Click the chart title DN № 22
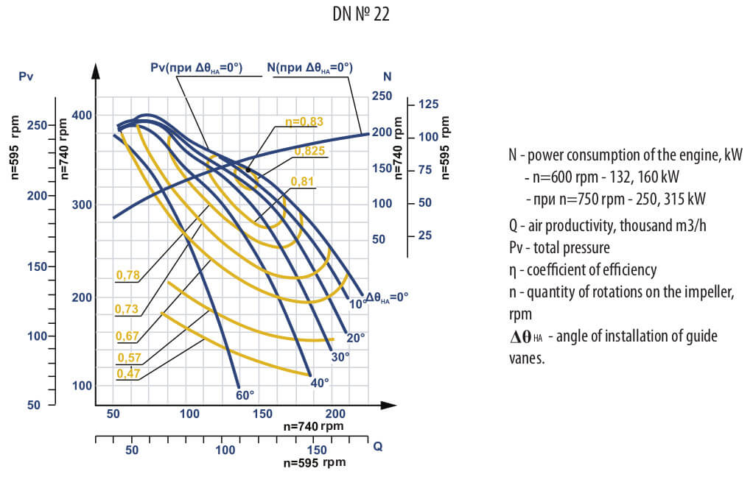point(360,15)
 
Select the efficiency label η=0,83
point(304,122)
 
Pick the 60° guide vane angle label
point(245,395)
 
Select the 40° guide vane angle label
point(320,382)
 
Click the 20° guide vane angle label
point(356,338)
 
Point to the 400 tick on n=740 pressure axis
point(84,116)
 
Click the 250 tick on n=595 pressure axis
point(35,125)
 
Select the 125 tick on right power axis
point(427,105)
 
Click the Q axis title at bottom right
point(377,446)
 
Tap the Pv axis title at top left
point(26,77)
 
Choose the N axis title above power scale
point(388,77)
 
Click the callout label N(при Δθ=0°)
point(309,68)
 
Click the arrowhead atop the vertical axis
point(95,71)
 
